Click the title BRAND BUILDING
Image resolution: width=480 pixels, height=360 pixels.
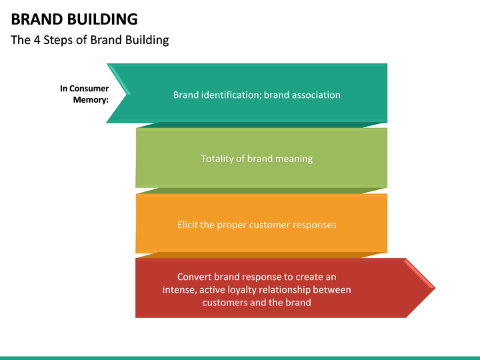click(74, 19)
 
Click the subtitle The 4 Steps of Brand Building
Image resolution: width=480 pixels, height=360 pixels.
click(90, 40)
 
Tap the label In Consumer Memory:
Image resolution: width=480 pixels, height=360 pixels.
click(85, 94)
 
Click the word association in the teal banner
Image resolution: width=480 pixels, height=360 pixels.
click(314, 95)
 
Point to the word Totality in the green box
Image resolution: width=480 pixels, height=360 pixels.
click(217, 159)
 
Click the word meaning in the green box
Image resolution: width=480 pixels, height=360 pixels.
click(293, 159)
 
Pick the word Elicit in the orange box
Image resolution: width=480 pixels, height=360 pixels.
click(187, 225)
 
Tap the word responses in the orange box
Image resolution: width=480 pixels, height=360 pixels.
click(314, 225)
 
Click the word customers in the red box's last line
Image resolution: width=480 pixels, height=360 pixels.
click(225, 302)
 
